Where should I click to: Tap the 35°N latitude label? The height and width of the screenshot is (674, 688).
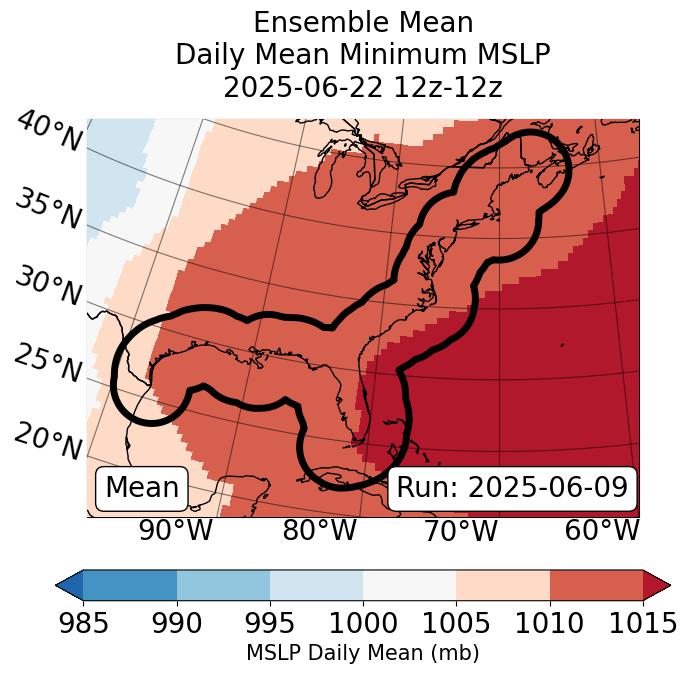click(x=48, y=208)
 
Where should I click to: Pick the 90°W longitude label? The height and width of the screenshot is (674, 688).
click(x=175, y=530)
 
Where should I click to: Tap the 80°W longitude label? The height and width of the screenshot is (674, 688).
click(x=319, y=530)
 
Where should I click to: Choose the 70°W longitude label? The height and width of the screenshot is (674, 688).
click(x=460, y=530)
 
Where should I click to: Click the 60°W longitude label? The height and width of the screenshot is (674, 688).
click(x=602, y=530)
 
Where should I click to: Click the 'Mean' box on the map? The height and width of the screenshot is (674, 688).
click(x=142, y=488)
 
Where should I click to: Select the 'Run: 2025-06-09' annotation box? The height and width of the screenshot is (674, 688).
click(x=512, y=488)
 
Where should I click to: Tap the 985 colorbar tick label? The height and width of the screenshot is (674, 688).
click(x=83, y=624)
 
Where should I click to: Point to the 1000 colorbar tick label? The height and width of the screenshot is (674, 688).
click(x=363, y=624)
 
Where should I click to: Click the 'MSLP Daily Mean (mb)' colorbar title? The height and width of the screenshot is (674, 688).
click(x=362, y=653)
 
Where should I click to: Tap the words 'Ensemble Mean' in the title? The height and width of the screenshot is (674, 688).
click(x=363, y=23)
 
